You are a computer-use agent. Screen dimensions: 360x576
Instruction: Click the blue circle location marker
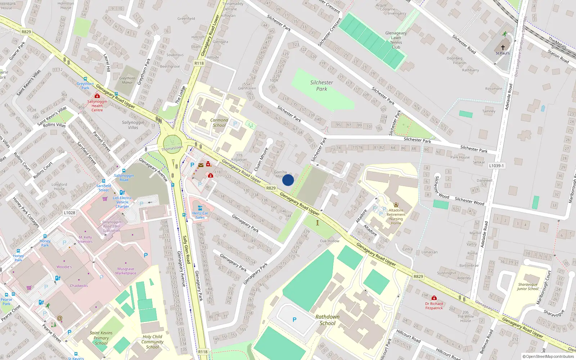pyautogui.click(x=288, y=180)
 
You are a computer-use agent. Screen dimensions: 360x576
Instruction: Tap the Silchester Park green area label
pyautogui.click(x=321, y=86)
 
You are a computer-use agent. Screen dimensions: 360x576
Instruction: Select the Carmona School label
pyautogui.click(x=219, y=123)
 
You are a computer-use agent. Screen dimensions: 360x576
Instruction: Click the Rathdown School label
pyautogui.click(x=327, y=320)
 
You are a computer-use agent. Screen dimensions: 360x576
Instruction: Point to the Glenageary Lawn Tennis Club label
pyautogui.click(x=396, y=40)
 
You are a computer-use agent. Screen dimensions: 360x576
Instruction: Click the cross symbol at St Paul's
pyautogui.click(x=503, y=47)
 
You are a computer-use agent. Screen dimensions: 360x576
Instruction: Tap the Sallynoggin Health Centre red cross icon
pyautogui.click(x=97, y=96)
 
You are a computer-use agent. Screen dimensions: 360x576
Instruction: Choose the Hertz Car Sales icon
pyautogui.click(x=200, y=208)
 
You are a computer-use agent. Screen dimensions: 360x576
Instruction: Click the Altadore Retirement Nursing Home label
pyautogui.click(x=396, y=217)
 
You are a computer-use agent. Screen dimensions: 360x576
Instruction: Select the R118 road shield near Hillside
pyautogui.click(x=199, y=63)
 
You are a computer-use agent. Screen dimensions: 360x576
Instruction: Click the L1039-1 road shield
pyautogui.click(x=496, y=166)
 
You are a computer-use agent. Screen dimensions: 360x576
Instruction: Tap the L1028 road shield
pyautogui.click(x=69, y=213)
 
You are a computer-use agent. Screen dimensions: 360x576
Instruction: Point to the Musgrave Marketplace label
pyautogui.click(x=126, y=271)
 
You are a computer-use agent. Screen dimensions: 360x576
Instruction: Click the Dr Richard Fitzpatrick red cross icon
pyautogui.click(x=434, y=298)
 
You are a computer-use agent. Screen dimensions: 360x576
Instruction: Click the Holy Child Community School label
pyautogui.click(x=152, y=342)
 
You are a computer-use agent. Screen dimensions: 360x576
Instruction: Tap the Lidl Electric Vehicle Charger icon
pyautogui.click(x=122, y=193)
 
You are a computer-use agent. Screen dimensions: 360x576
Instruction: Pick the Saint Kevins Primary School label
pyautogui.click(x=101, y=338)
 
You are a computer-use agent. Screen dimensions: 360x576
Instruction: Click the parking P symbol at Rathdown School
pyautogui.click(x=294, y=320)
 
